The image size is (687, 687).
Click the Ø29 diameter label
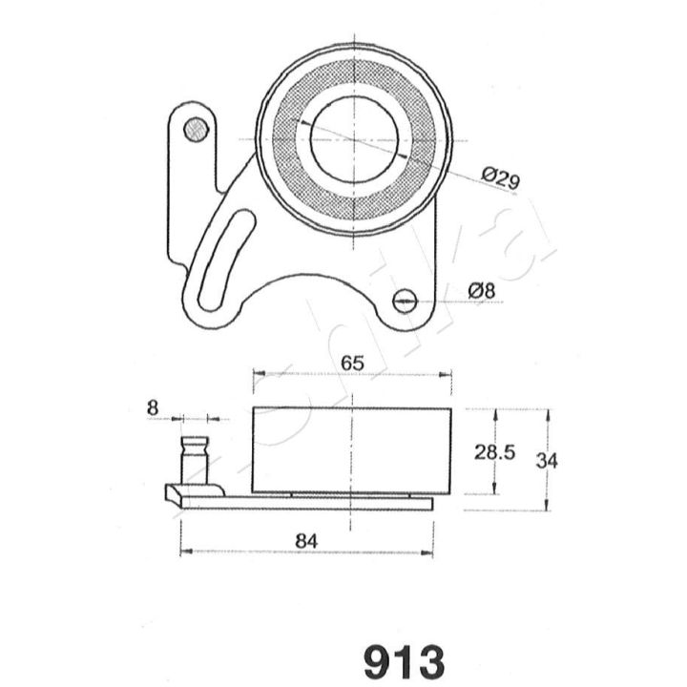(501, 177)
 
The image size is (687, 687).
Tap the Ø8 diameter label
(481, 291)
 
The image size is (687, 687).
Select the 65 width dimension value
(352, 363)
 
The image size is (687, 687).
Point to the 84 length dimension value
(306, 541)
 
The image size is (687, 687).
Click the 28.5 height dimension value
(494, 452)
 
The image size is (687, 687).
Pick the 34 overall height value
(547, 461)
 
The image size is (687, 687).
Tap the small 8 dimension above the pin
(152, 408)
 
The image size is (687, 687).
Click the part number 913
(404, 661)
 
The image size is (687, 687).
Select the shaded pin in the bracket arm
(196, 129)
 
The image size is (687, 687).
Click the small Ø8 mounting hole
(404, 301)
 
